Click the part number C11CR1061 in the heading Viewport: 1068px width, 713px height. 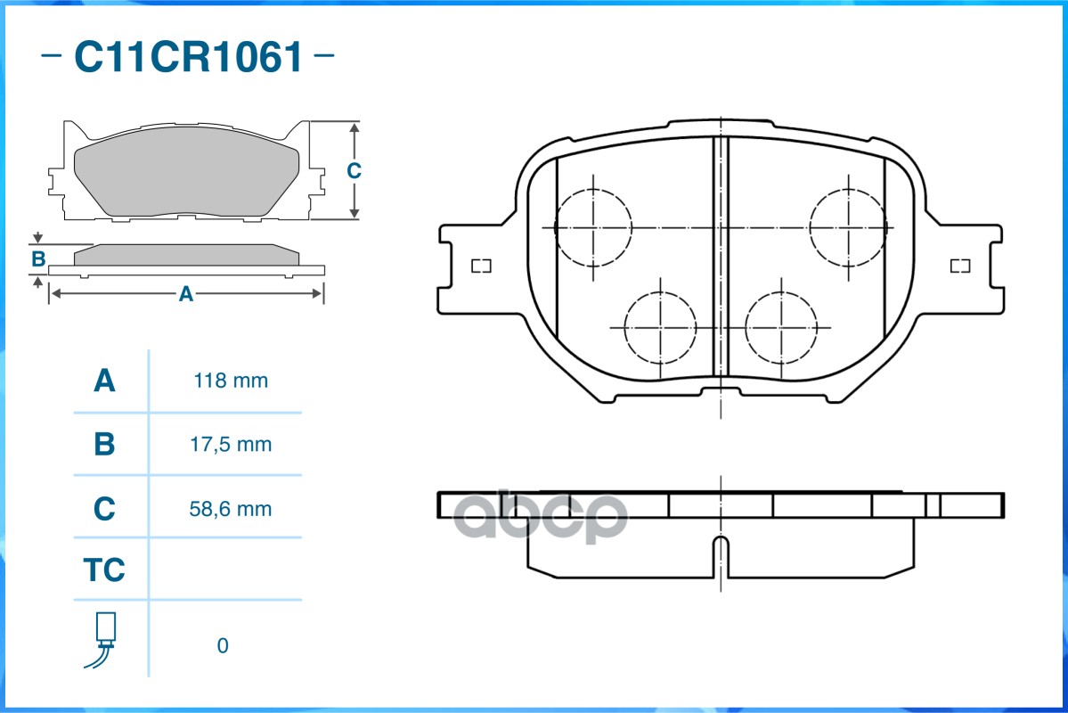click(188, 58)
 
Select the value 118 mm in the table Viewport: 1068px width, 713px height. click(231, 381)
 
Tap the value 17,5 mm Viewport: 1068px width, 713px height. click(231, 444)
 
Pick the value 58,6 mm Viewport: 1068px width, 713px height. click(231, 509)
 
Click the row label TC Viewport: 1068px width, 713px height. click(104, 570)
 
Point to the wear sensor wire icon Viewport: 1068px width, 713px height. click(103, 639)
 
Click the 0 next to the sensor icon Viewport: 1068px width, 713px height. click(223, 645)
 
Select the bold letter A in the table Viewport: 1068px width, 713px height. click(104, 381)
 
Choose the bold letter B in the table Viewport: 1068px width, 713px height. click(104, 444)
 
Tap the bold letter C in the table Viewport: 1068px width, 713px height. click(104, 509)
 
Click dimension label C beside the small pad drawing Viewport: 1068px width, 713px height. click(354, 170)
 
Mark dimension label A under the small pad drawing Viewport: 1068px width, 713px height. click(185, 293)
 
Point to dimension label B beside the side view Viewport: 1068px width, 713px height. click(38, 259)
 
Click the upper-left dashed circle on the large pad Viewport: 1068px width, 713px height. click(593, 227)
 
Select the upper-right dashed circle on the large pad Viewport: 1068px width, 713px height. click(848, 227)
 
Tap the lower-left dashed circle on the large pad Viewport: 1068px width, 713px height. click(660, 327)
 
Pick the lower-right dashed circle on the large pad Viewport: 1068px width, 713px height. click(780, 327)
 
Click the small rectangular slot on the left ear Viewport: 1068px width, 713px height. click(481, 266)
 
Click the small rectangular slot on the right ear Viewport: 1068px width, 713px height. click(959, 266)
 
